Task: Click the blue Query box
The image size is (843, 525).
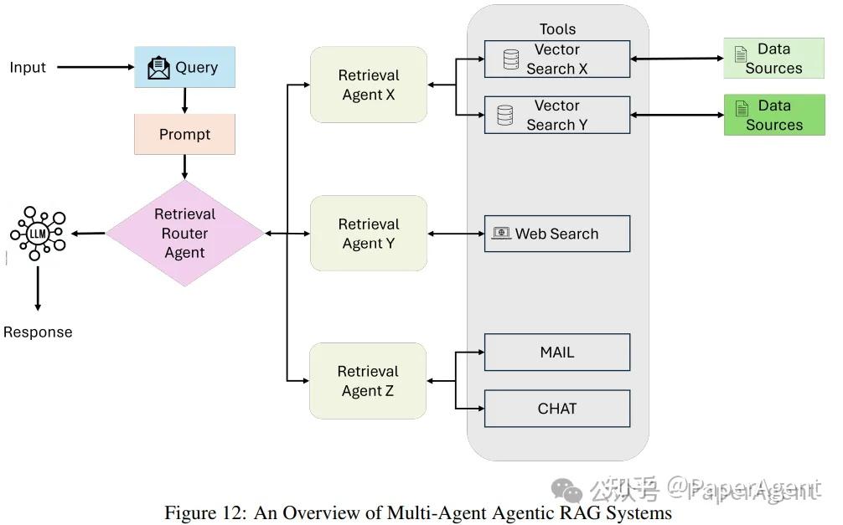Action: pos(184,67)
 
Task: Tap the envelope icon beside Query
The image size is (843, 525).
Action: pos(158,68)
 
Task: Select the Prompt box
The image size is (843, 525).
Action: pos(184,134)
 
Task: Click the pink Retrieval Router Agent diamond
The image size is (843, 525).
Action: pos(184,234)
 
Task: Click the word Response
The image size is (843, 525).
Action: pos(38,332)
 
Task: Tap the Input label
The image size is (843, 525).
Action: pos(28,67)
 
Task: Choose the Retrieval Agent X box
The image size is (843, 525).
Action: pos(368,85)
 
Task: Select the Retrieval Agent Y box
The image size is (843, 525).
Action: pos(368,234)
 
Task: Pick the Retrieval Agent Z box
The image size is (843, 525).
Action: pos(368,381)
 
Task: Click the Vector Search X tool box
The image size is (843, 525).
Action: pos(557,59)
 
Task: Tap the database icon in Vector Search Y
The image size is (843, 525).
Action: pos(504,115)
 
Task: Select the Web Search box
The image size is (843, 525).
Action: pos(557,234)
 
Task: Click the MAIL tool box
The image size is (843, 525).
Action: pos(557,353)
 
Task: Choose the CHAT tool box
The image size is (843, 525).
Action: pos(557,409)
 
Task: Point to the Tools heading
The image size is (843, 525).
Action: pos(557,29)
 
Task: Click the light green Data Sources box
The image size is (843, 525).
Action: pos(773,58)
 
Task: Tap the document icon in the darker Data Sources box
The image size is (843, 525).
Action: pos(742,108)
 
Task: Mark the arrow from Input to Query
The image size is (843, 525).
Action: pos(96,67)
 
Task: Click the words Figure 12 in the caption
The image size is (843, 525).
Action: pos(204,512)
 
